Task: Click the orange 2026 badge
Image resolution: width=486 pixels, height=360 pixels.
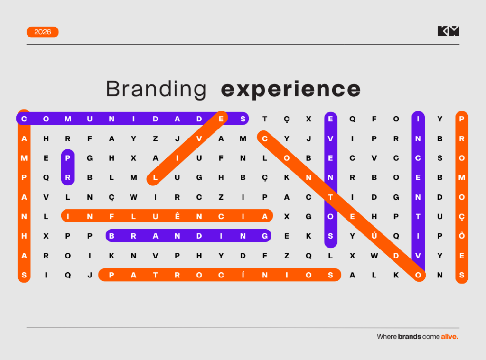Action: (x=42, y=32)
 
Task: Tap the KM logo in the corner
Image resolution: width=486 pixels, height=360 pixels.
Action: (x=448, y=31)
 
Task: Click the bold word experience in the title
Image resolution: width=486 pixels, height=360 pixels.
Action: (x=291, y=90)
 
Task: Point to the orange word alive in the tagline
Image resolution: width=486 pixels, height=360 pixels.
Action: (x=449, y=336)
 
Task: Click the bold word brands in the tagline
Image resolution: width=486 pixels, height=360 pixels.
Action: (x=410, y=336)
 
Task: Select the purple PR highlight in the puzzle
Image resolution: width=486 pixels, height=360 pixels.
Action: (x=68, y=167)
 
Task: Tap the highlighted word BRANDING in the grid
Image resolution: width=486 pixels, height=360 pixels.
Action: (x=188, y=236)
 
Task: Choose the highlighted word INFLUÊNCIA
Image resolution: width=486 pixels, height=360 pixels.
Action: (x=167, y=216)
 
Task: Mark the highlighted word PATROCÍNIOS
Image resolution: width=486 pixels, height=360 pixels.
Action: (x=220, y=275)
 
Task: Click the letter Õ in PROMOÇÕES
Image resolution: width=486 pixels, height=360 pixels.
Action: (x=461, y=235)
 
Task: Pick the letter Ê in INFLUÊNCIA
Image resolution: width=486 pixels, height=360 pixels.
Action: (x=178, y=216)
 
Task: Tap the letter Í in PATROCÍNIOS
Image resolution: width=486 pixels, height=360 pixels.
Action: (x=243, y=275)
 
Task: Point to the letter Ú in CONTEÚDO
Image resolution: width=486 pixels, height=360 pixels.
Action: (x=374, y=235)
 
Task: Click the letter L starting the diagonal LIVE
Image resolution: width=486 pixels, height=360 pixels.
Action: (x=155, y=177)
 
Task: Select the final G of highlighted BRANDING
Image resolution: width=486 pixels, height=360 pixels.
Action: (x=265, y=236)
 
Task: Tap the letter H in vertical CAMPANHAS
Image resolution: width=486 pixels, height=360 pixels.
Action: (x=24, y=236)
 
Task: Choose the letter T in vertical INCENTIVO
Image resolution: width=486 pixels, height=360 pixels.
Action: (x=418, y=217)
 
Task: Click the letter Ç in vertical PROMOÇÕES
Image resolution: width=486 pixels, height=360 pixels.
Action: (x=461, y=217)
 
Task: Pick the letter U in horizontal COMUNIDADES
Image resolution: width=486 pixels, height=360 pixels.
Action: (x=90, y=119)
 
